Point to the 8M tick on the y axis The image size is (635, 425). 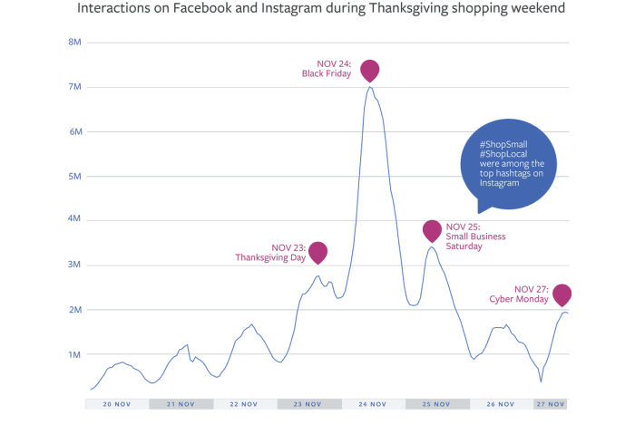(x=75, y=43)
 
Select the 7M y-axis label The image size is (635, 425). (x=75, y=87)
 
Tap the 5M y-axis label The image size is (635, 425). (x=75, y=176)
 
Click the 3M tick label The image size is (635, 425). (x=75, y=266)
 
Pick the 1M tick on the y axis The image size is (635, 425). (x=75, y=354)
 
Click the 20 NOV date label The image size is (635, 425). (x=117, y=404)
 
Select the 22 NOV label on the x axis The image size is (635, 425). (x=245, y=404)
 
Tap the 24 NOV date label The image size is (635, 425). (x=373, y=404)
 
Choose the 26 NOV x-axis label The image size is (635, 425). (x=501, y=404)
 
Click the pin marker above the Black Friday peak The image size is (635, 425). (x=369, y=69)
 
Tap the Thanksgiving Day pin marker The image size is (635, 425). (x=317, y=252)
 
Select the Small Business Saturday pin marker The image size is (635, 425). (x=433, y=230)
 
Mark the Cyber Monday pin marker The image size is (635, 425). (x=562, y=295)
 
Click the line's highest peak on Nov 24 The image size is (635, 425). (x=370, y=87)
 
